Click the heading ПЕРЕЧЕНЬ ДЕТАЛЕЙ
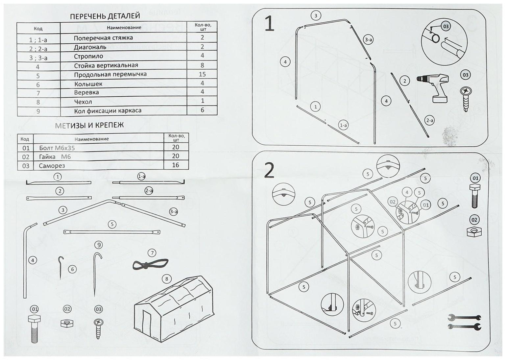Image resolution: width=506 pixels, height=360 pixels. tap(105, 16)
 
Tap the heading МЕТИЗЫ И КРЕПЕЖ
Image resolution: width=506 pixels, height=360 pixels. tap(89, 125)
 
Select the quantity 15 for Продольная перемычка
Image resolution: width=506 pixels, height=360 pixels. tap(202, 74)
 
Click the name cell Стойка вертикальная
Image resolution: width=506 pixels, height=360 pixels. tap(106, 65)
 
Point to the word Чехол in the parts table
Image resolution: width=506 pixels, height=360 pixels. tap(83, 102)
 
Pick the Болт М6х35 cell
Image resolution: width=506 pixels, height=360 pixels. tap(57, 148)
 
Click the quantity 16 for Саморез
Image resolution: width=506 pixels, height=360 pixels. tap(176, 165)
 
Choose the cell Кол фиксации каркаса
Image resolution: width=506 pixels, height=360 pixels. tap(108, 110)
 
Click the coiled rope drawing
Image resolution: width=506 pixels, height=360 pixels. tap(150, 264)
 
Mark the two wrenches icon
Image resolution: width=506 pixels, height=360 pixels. tap(464, 322)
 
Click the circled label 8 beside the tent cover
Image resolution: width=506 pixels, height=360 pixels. tap(167, 279)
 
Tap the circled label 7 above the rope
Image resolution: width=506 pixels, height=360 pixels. tap(152, 253)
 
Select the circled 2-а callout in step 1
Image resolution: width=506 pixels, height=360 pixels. tap(430, 120)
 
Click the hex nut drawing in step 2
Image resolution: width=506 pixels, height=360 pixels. tap(474, 231)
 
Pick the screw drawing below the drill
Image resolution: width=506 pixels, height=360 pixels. tap(466, 98)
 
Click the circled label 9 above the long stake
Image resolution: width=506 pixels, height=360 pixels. tap(98, 245)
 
